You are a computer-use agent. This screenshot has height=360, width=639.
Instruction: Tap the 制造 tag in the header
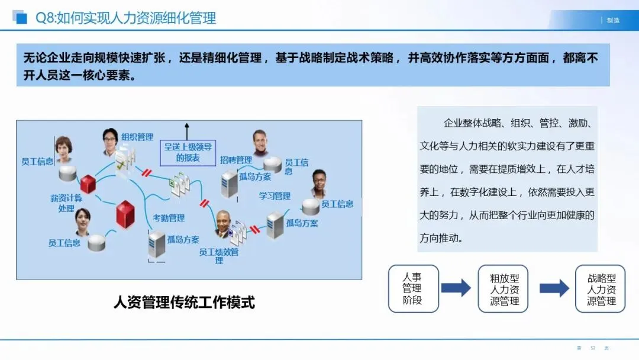(613, 20)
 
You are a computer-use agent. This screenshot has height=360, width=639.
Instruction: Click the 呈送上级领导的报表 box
(188, 152)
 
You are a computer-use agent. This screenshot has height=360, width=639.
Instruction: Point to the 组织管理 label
(137, 137)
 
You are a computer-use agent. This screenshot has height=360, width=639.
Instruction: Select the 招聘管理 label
(235, 160)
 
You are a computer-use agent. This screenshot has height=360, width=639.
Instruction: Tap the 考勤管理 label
(169, 218)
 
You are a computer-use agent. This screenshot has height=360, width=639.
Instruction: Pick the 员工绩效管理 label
(219, 256)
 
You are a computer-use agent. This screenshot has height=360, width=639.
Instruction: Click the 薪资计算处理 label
(66, 203)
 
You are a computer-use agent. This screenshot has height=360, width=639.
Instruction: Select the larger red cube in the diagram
(125, 214)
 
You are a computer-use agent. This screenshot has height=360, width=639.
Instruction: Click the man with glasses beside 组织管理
(110, 142)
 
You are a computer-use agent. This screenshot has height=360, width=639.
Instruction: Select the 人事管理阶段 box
(413, 288)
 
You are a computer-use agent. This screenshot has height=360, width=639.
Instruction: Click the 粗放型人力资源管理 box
(503, 288)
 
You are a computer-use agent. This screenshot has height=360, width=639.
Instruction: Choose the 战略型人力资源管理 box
(600, 288)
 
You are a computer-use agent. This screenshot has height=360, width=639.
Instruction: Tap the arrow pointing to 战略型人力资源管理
(554, 288)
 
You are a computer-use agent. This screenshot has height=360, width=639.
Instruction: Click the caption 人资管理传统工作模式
(184, 303)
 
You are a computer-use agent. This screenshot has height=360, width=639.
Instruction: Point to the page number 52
(592, 348)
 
